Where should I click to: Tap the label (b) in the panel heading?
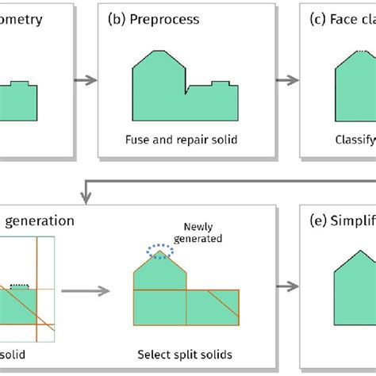coord(118,19)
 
